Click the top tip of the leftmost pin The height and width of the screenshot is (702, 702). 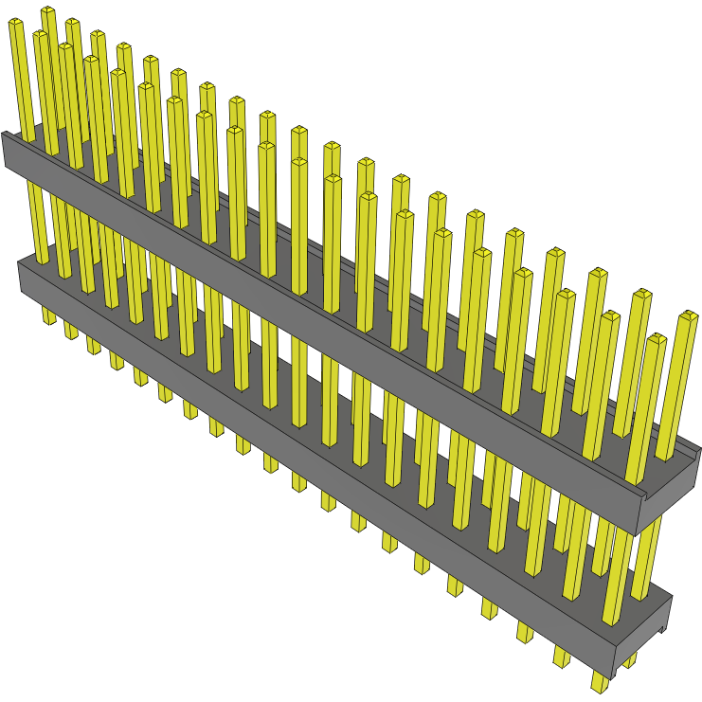tap(15, 24)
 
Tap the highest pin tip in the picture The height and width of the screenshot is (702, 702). tap(47, 10)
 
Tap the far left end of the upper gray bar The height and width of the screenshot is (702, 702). tap(5, 152)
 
